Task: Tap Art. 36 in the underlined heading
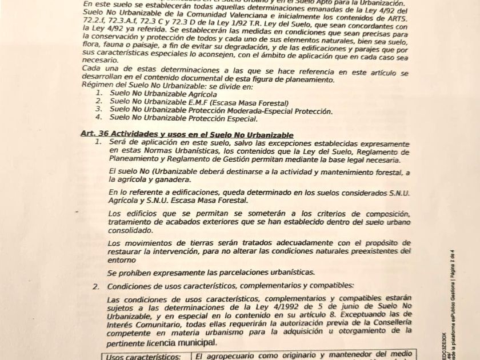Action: (95, 134)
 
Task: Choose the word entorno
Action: (123, 259)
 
